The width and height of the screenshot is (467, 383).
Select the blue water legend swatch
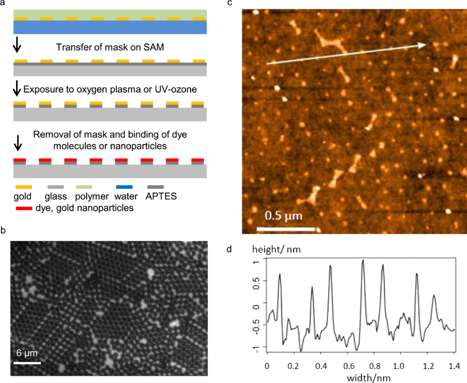(125, 187)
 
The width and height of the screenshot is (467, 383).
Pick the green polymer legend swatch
(84, 187)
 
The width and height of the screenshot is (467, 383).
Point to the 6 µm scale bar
(27, 363)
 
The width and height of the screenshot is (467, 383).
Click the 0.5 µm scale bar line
(286, 228)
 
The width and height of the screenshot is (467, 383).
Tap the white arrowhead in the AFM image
(424, 44)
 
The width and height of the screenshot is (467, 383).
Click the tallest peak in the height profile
(363, 260)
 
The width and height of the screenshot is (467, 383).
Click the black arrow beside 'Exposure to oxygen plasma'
(17, 88)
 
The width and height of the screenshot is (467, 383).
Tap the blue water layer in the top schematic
(110, 28)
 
